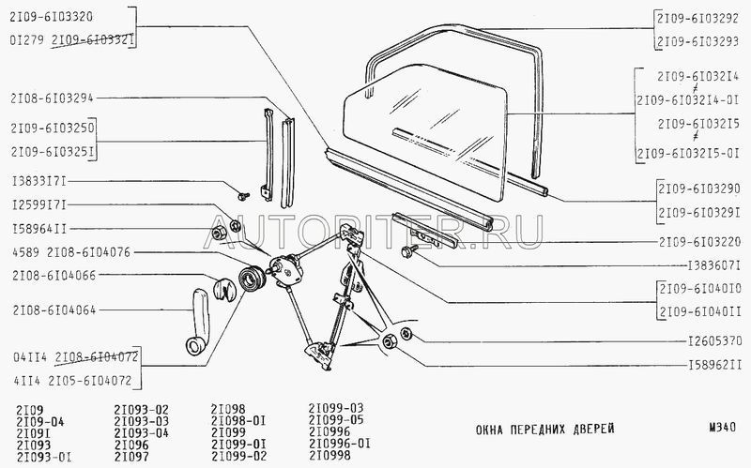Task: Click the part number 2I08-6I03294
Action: point(53,98)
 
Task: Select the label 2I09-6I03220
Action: point(699,242)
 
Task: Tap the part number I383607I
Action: point(714,265)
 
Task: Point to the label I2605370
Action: point(714,341)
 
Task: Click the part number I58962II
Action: point(714,366)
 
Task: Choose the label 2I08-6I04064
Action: point(54,310)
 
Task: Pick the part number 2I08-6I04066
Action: point(54,275)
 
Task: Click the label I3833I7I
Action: point(39,181)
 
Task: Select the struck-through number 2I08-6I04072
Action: point(97,357)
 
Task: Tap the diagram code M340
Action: point(722,428)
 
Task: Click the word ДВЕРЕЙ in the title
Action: point(593,429)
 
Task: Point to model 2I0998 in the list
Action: point(330,455)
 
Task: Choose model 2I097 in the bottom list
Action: point(131,457)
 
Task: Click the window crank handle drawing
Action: point(198,322)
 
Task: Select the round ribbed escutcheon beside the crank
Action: point(249,279)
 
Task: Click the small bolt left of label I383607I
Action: point(410,249)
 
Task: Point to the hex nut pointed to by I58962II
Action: point(389,342)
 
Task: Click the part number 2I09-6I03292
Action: point(697,19)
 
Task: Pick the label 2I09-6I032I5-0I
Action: point(688,154)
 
